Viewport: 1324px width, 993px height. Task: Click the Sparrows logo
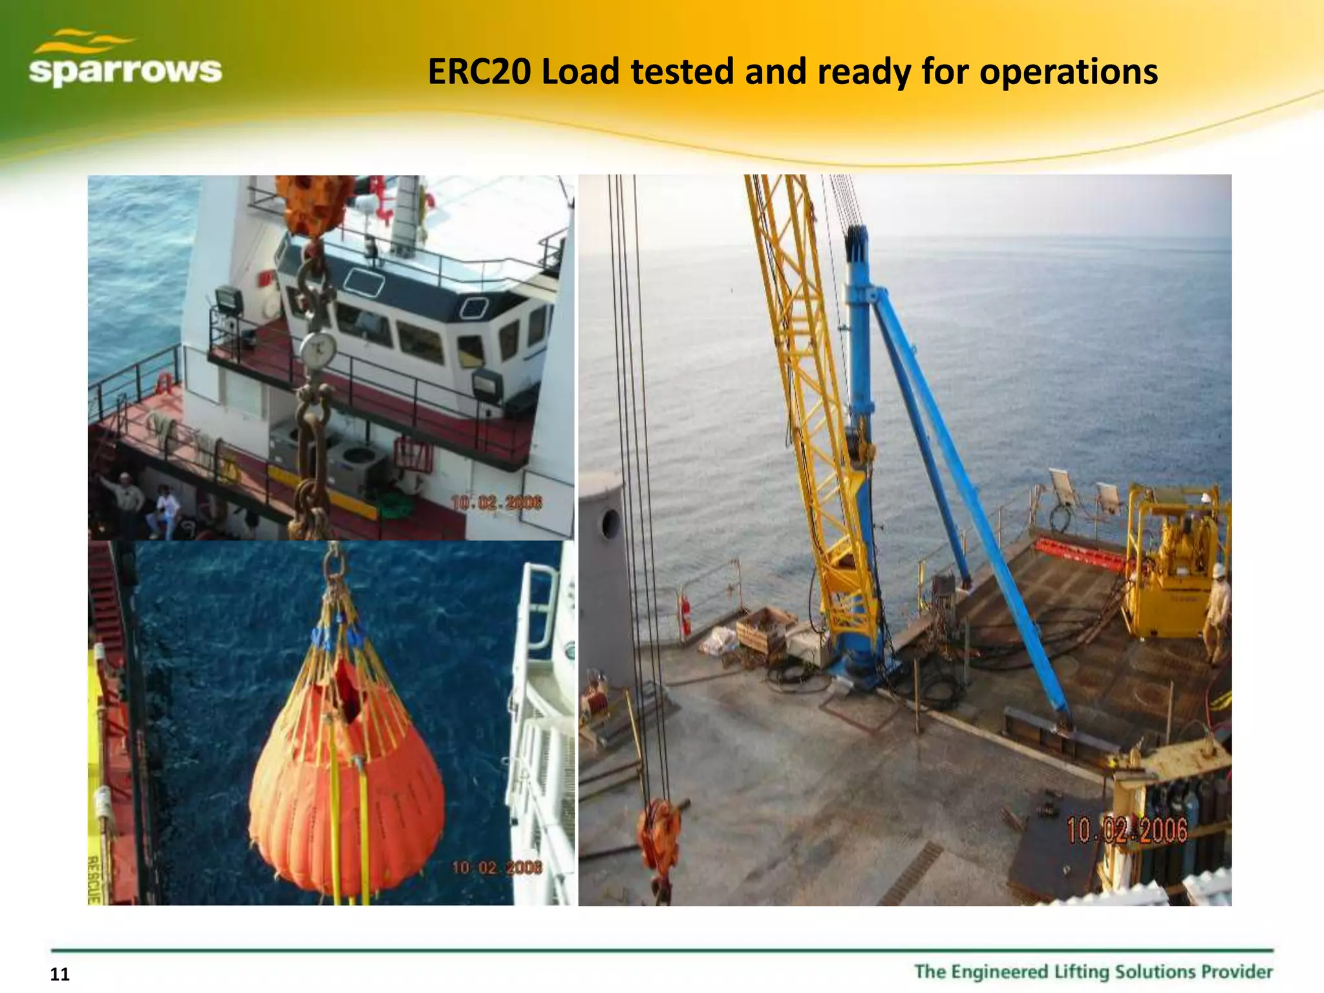125,59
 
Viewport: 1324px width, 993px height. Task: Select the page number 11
59,974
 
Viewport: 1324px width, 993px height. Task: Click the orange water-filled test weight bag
347,782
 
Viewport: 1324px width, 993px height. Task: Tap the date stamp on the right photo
1126,829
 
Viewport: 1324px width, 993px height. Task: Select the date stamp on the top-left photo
496,502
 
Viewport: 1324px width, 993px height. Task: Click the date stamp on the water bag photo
496,868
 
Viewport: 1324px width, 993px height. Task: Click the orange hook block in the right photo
659,837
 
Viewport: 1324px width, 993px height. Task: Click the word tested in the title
682,72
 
